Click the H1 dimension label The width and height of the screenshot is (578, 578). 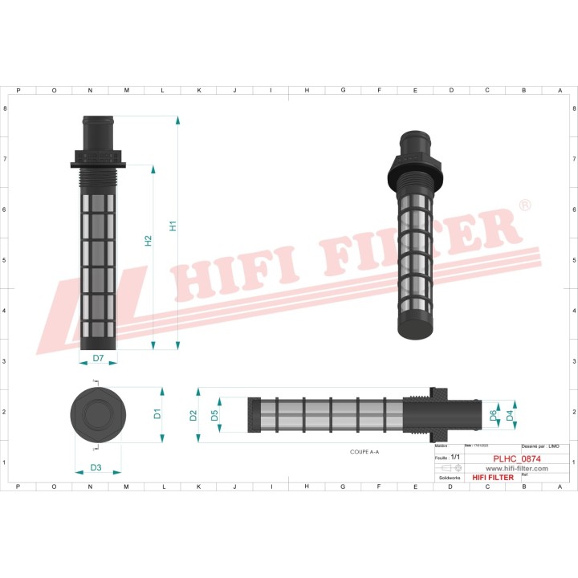(x=173, y=226)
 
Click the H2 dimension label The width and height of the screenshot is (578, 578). (x=149, y=240)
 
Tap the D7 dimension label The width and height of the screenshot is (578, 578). (x=98, y=358)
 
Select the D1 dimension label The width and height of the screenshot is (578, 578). (x=158, y=414)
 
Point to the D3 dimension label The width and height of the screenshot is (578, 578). (x=96, y=467)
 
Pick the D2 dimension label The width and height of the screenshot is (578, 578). (x=193, y=415)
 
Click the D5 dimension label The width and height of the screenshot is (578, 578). (x=214, y=415)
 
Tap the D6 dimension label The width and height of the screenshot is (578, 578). (x=493, y=415)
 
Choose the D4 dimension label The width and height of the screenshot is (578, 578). (x=510, y=415)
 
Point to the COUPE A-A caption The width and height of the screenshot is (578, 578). (x=364, y=453)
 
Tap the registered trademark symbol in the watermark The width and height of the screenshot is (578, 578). (x=525, y=206)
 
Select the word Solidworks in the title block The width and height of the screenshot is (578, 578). (x=446, y=477)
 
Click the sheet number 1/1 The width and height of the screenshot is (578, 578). (x=455, y=456)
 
